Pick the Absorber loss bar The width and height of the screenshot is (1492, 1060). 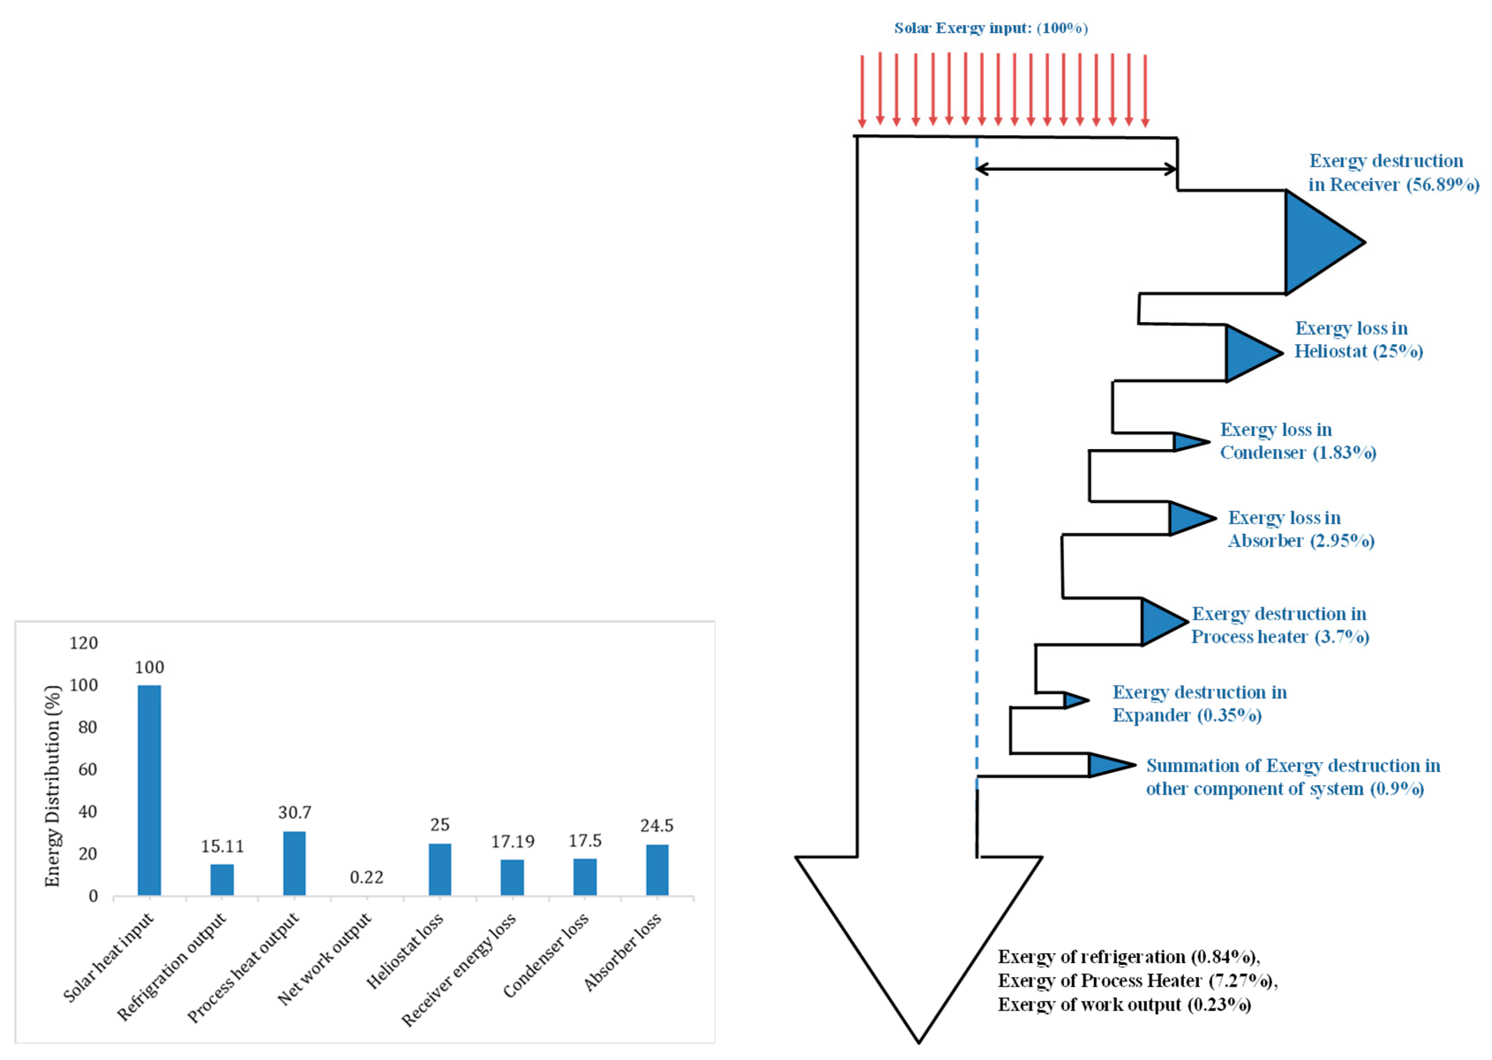click(657, 869)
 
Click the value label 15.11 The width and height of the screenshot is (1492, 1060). click(222, 847)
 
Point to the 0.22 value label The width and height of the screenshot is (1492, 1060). click(366, 877)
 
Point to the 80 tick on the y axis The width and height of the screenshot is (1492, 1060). click(87, 727)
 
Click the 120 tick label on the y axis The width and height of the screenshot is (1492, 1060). click(83, 643)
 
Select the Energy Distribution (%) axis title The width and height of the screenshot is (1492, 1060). click(52, 786)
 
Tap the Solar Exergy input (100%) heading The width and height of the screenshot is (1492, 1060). click(990, 28)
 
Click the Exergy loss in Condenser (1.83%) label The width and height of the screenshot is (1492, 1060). click(1298, 441)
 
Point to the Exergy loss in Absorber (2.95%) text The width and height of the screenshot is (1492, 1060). click(1301, 529)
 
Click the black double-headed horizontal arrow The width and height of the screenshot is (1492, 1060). click(1077, 169)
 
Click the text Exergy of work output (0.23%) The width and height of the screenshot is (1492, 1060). click(1124, 1004)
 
